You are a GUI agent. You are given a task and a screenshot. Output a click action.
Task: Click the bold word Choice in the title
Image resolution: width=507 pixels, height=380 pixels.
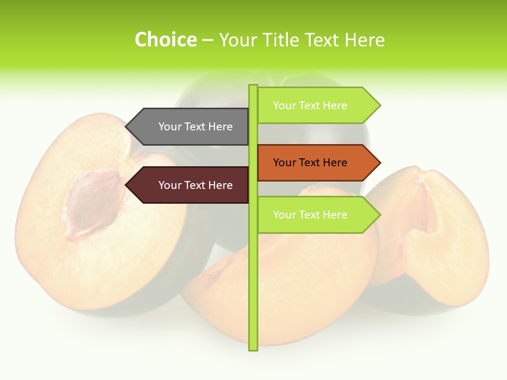(x=165, y=40)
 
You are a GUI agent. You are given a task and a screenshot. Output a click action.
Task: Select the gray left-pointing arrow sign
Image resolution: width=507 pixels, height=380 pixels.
(x=190, y=127)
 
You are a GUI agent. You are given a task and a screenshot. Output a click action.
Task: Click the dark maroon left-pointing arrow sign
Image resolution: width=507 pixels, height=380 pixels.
(x=190, y=185)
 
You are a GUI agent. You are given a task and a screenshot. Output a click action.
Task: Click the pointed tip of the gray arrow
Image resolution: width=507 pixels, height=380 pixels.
(x=127, y=127)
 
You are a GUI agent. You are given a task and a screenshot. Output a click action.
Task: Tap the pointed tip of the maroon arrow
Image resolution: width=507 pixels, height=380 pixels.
(x=127, y=185)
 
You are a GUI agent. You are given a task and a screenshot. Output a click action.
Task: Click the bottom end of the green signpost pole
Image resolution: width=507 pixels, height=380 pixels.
(x=253, y=348)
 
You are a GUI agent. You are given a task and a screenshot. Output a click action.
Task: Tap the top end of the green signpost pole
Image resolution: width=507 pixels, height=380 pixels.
(x=253, y=87)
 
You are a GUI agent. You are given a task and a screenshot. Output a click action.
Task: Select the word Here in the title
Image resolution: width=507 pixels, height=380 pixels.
(x=364, y=40)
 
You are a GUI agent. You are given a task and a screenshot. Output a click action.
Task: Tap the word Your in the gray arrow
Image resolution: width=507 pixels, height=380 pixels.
(x=170, y=127)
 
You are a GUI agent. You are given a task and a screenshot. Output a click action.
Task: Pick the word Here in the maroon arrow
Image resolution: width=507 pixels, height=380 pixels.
(x=220, y=185)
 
